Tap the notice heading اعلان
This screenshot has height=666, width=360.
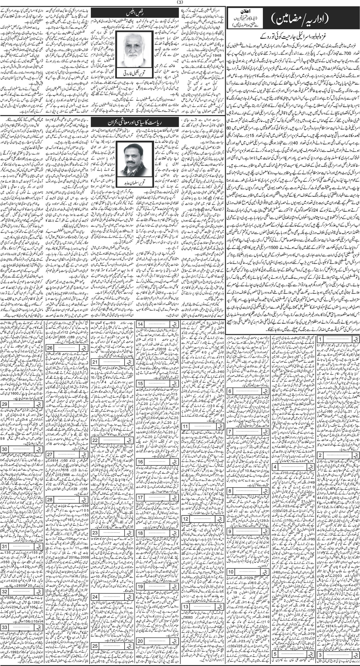[241, 13]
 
